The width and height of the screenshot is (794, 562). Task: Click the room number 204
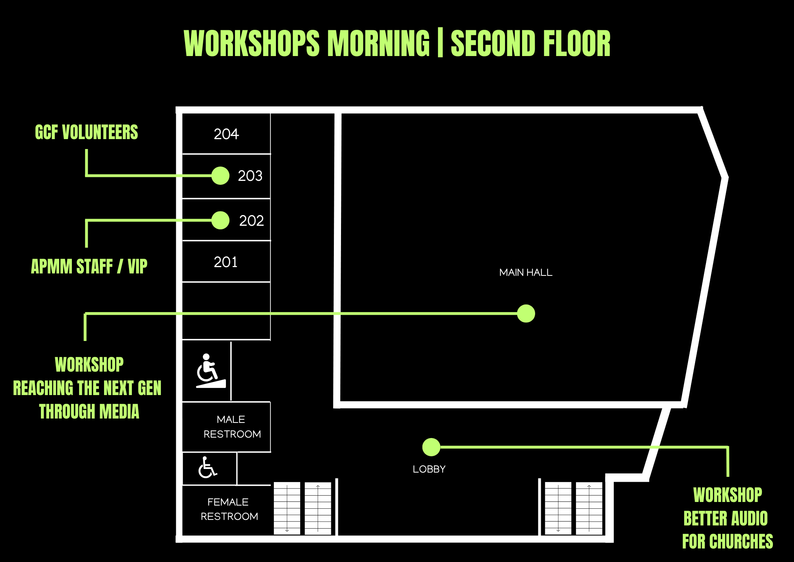pyautogui.click(x=226, y=134)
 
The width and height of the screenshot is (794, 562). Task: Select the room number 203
pyautogui.click(x=250, y=176)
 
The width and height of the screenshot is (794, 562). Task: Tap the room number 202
pyautogui.click(x=251, y=221)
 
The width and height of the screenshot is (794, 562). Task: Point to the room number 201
pyautogui.click(x=225, y=262)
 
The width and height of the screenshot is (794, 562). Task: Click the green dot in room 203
pyautogui.click(x=220, y=176)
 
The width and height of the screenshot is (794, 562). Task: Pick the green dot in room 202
pyautogui.click(x=220, y=220)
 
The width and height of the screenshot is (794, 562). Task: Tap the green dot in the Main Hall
pyautogui.click(x=526, y=313)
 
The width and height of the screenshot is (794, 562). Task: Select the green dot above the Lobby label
pyautogui.click(x=431, y=447)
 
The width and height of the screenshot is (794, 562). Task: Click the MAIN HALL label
pyautogui.click(x=526, y=272)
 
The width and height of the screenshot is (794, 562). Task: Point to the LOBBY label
pyautogui.click(x=429, y=469)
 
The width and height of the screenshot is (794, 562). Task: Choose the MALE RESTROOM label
pyautogui.click(x=232, y=427)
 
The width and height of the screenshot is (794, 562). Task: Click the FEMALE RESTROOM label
pyautogui.click(x=229, y=509)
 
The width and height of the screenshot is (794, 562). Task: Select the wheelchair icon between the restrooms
pyautogui.click(x=208, y=467)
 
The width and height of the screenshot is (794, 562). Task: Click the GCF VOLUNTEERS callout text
pyautogui.click(x=87, y=132)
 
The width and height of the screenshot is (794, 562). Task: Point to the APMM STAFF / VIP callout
pyautogui.click(x=89, y=266)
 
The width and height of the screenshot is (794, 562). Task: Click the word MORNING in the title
pyautogui.click(x=378, y=43)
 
